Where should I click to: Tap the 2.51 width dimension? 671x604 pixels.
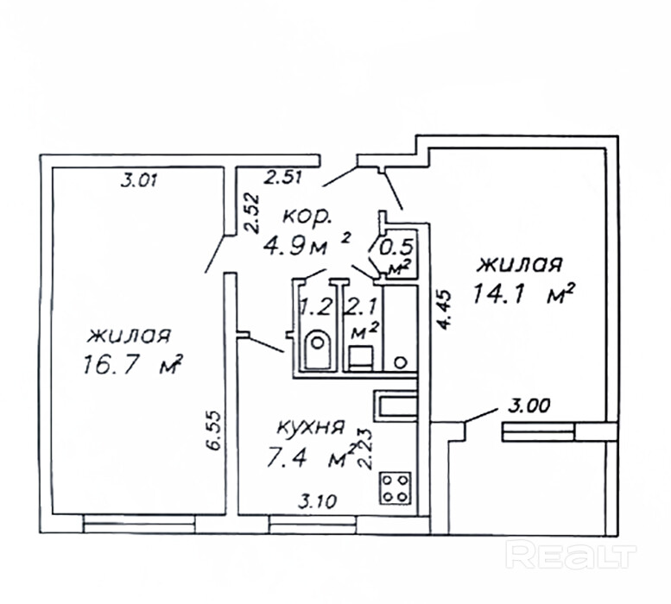point(282,179)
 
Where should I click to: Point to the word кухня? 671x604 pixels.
point(311,427)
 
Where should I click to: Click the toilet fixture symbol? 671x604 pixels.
point(317,349)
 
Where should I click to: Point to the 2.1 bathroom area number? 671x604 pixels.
point(358,306)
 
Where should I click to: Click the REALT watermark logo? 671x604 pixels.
point(571,555)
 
